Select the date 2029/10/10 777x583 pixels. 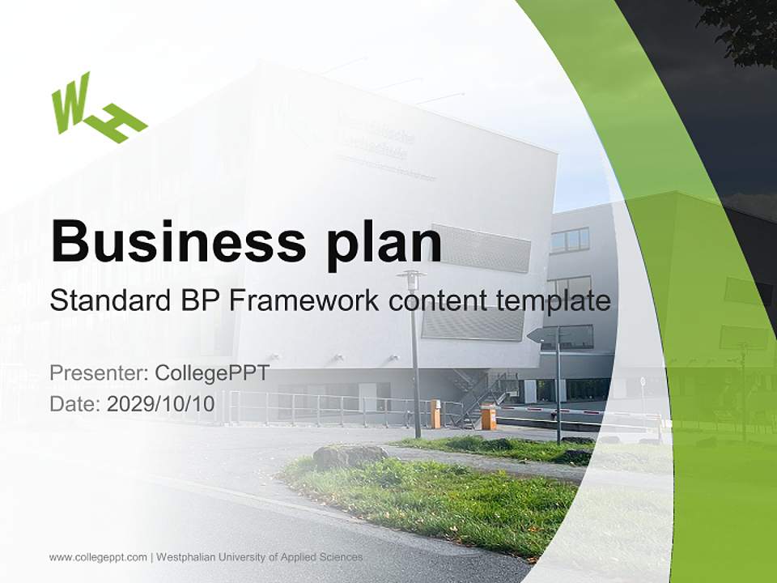click(161, 404)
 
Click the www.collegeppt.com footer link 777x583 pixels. click(98, 557)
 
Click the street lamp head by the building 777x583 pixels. click(411, 280)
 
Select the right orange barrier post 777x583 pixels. click(488, 417)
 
